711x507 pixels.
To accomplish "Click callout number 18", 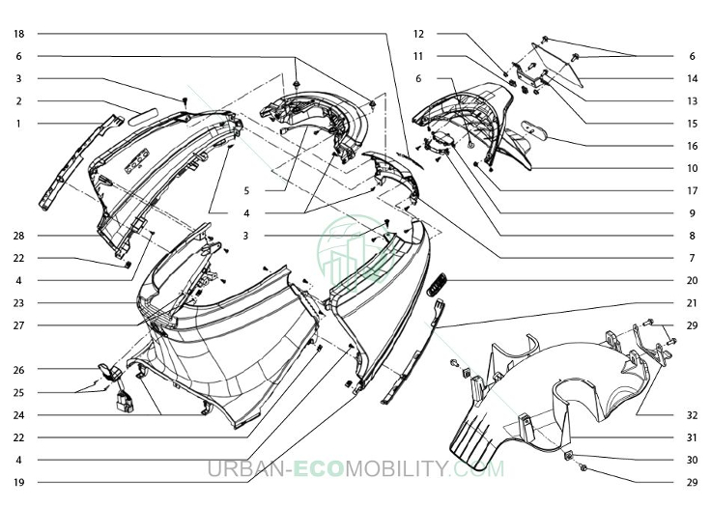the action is (x=18, y=34).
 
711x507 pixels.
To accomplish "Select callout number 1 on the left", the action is (x=18, y=124).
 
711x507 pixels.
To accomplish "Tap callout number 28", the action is (x=18, y=236).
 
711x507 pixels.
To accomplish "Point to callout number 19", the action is (x=18, y=483).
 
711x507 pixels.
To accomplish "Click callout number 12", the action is (x=418, y=34).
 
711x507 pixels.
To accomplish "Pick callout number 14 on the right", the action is (x=692, y=78).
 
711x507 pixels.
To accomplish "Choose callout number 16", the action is (x=692, y=146).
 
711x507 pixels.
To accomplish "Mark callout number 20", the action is (x=692, y=281).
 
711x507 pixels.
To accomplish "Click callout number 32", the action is (x=692, y=415).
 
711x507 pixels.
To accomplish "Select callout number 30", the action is (x=692, y=460).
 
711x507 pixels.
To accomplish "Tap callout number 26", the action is (x=18, y=370).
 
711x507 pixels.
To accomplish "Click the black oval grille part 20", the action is (x=437, y=284).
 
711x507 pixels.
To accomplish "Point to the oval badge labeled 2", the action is (x=142, y=117).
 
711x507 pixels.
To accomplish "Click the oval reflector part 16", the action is (x=534, y=131).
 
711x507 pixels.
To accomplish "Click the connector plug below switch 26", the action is (x=125, y=403).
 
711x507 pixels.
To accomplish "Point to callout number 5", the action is (x=246, y=191).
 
